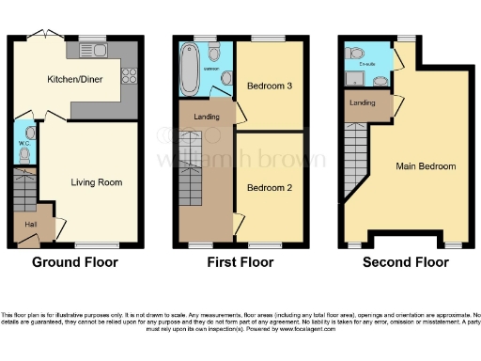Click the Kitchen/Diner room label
pyautogui.click(x=75, y=80)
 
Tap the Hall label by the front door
pyautogui.click(x=29, y=226)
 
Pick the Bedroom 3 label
pyautogui.click(x=270, y=86)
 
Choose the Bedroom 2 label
pyautogui.click(x=269, y=187)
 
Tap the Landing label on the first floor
pyautogui.click(x=207, y=117)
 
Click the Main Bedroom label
pyautogui.click(x=426, y=166)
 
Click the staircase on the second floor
pyautogui.click(x=353, y=160)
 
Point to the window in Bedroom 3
pyautogui.click(x=262, y=39)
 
